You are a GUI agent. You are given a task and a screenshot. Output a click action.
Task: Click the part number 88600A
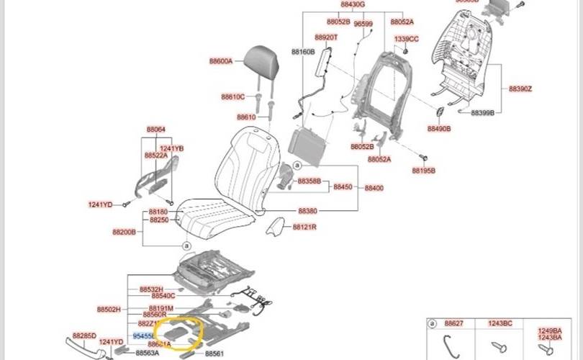click(221, 62)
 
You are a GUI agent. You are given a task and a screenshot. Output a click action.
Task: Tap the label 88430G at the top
click(353, 4)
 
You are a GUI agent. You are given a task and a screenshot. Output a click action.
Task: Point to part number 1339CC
click(406, 39)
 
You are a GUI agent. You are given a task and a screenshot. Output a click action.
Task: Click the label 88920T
click(326, 37)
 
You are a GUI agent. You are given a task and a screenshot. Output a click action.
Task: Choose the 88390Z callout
click(520, 89)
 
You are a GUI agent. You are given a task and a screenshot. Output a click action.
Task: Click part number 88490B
click(438, 128)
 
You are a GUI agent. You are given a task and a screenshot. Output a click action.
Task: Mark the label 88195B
click(423, 171)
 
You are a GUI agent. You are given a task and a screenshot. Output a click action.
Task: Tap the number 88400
click(374, 188)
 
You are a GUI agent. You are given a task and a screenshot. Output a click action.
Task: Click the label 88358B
click(309, 181)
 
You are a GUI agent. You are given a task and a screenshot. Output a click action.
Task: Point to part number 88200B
click(124, 233)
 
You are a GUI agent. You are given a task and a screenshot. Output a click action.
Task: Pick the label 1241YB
click(171, 148)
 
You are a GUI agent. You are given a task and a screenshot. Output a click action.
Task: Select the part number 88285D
click(84, 336)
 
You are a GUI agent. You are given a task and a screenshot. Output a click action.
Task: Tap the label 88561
click(214, 354)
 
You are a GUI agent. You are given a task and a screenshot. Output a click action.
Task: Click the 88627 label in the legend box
click(454, 325)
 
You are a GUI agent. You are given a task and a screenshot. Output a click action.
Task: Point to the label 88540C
click(163, 296)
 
